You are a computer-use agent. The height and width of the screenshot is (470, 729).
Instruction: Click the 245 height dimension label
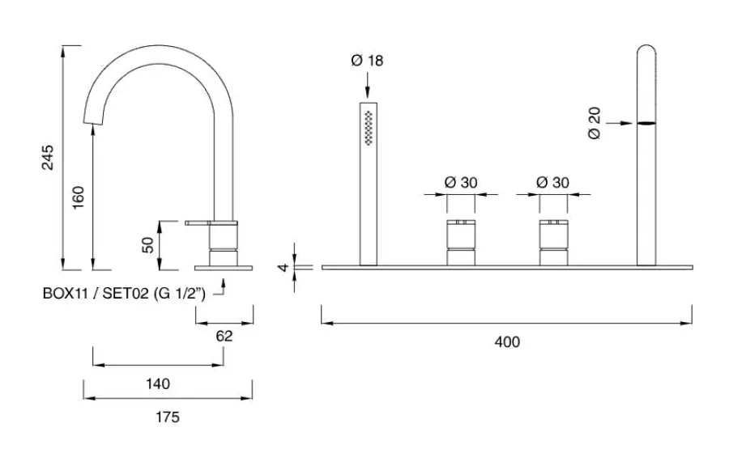click(x=48, y=159)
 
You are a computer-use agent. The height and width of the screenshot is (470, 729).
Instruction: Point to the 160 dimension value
click(x=79, y=197)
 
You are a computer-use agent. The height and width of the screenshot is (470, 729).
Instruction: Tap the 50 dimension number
click(x=147, y=244)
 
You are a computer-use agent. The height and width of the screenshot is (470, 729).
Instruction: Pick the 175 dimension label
click(x=167, y=417)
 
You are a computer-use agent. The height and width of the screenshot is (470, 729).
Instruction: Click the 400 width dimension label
click(x=506, y=342)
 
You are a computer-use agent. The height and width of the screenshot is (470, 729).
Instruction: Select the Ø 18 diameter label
click(x=368, y=61)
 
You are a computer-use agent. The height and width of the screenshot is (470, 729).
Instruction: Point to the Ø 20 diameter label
click(x=596, y=123)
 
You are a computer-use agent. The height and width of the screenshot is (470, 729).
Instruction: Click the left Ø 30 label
click(x=461, y=182)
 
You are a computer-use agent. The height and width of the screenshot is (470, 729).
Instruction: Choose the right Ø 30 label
click(x=553, y=182)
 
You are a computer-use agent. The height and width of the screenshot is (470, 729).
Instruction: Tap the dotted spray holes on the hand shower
click(x=369, y=126)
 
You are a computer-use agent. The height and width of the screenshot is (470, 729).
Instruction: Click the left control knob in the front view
click(x=461, y=240)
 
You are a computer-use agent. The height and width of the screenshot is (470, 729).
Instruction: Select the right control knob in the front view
click(x=553, y=240)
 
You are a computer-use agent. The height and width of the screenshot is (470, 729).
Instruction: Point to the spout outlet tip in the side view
click(x=95, y=121)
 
